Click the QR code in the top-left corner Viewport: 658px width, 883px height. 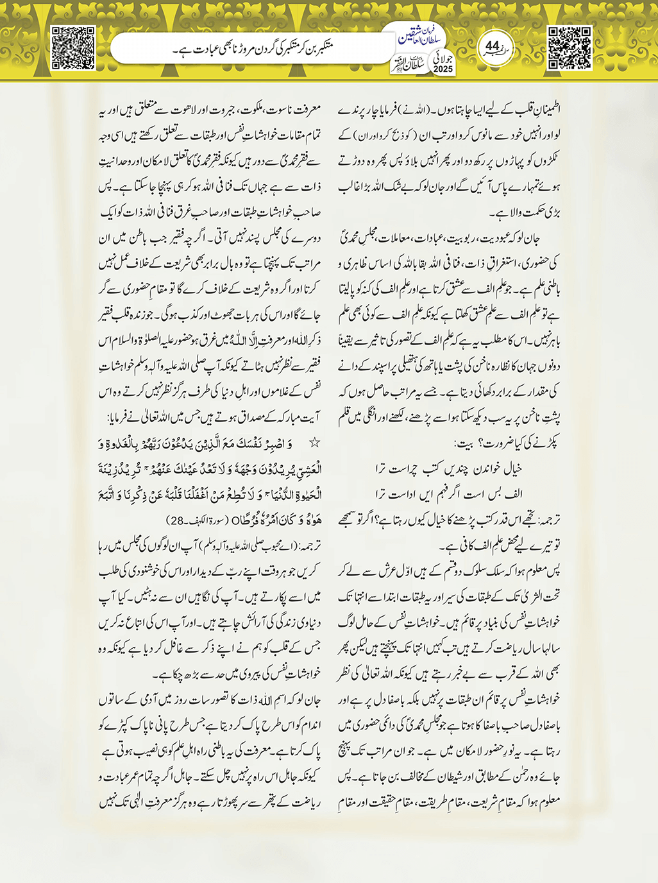click(73, 47)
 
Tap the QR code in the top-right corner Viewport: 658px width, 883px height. click(569, 47)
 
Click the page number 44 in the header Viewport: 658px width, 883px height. click(493, 46)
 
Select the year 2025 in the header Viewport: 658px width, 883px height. click(443, 69)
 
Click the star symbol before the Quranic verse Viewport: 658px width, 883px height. click(314, 442)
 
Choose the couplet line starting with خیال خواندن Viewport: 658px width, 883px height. click(449, 468)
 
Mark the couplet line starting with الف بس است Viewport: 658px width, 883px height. click(449, 493)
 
